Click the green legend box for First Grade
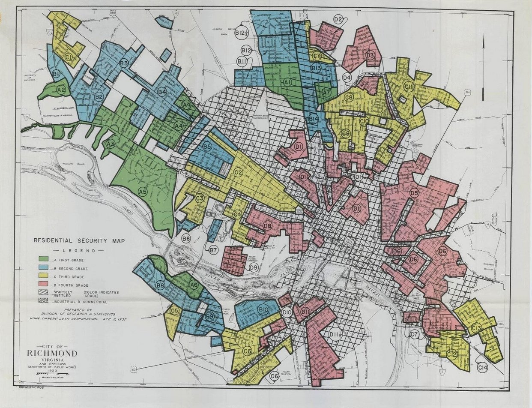[x=43, y=260]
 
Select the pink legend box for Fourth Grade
[x=43, y=285]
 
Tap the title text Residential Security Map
[x=79, y=241]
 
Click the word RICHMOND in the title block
[x=52, y=354]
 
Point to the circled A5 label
[x=143, y=192]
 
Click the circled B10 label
[x=263, y=309]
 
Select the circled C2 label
[x=239, y=173]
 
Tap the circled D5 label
[x=414, y=193]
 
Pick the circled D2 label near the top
[x=338, y=19]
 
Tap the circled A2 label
[x=61, y=90]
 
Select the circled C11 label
[x=408, y=87]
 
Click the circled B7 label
[x=214, y=250]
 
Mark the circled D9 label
[x=253, y=268]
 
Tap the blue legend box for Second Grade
[x=43, y=268]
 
